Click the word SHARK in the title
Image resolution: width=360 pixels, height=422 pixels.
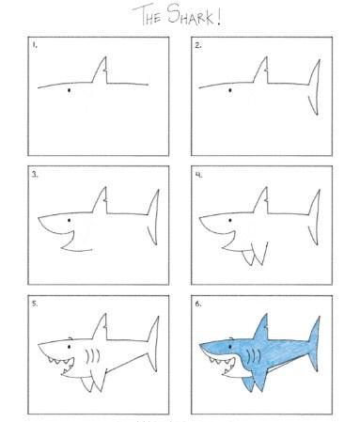[190, 15]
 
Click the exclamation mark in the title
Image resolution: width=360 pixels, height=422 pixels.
[218, 17]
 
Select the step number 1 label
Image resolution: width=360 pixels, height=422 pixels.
[35, 45]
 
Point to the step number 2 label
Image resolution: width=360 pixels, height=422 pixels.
[198, 45]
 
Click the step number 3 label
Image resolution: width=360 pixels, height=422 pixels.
[35, 175]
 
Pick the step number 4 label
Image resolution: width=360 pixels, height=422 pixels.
[198, 175]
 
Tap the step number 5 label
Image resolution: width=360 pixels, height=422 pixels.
[35, 304]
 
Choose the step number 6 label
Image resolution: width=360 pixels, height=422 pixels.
[198, 304]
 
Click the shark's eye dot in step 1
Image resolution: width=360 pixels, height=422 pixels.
[69, 90]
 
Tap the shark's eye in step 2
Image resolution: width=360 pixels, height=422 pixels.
[230, 90]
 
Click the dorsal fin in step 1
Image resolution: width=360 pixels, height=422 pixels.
[101, 70]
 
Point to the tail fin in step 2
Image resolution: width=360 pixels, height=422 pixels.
[315, 86]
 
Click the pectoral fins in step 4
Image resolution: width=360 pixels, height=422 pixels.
[256, 254]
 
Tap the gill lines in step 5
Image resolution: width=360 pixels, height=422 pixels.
[93, 356]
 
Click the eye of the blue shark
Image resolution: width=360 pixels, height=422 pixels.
[230, 347]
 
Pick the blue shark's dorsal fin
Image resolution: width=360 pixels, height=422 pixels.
[261, 327]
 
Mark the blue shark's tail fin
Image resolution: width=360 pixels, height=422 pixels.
[314, 344]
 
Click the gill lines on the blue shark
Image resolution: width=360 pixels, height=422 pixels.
[254, 356]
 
